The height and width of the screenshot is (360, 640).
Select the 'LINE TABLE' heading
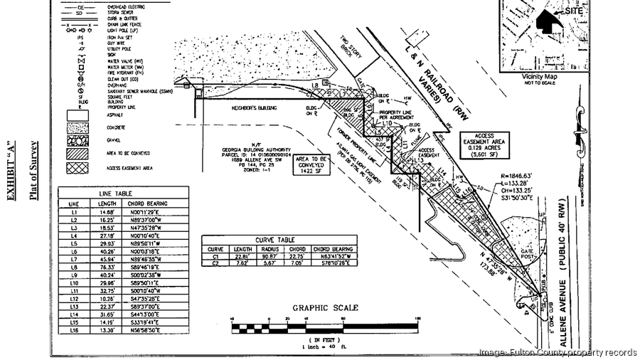pos(124,193)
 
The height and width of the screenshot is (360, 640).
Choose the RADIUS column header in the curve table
pos(270,249)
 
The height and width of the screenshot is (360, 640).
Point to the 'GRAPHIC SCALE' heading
pos(325,308)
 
